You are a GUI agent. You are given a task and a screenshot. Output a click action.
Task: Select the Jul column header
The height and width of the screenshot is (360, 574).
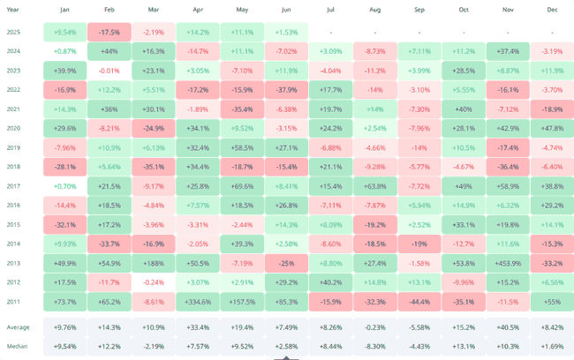point(329,10)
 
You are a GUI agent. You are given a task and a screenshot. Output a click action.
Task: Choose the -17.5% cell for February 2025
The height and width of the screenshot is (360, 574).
point(110,32)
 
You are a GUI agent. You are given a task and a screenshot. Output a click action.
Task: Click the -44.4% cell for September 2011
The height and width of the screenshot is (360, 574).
point(418,301)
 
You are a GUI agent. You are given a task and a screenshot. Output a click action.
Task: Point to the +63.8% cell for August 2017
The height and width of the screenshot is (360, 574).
point(374,185)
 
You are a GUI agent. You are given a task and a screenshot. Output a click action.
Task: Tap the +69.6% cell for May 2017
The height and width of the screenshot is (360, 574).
point(241,185)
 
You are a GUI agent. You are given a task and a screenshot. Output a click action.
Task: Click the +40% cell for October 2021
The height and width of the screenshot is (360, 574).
point(462,109)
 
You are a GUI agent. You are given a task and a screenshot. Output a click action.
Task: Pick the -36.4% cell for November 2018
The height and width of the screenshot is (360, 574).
point(507,166)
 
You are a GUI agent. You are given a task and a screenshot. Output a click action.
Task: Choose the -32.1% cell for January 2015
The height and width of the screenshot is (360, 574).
point(64,224)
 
